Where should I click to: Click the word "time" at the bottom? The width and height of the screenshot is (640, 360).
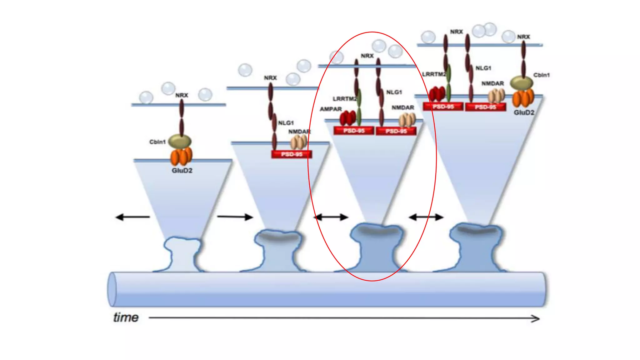coord(126,317)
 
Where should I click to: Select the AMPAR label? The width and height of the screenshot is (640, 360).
coord(331,109)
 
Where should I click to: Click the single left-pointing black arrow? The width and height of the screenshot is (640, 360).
coord(132,217)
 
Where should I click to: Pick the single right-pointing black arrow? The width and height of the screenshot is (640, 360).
coord(235,217)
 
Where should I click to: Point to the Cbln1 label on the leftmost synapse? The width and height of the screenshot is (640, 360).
coord(157,142)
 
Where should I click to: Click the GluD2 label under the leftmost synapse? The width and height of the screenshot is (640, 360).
coord(182,171)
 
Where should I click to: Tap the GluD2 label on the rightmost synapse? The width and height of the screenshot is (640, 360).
coord(524,112)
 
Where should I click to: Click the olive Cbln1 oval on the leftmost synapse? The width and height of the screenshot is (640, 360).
coord(180,141)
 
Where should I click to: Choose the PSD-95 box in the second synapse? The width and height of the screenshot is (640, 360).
coord(292,154)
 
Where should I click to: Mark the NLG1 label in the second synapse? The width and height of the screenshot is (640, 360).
coord(286,123)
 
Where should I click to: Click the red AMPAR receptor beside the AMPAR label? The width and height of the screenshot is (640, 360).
coord(347,118)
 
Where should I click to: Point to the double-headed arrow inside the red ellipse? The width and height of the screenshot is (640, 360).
coord(331,217)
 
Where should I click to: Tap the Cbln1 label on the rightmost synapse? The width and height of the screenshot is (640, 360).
coord(541,75)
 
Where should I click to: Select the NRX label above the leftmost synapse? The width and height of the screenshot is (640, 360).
coord(182,95)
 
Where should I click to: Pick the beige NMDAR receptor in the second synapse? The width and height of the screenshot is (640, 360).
coord(299,142)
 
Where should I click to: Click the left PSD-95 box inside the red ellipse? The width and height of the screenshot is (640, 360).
coord(354,131)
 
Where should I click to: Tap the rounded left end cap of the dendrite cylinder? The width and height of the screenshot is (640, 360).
coord(112,289)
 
